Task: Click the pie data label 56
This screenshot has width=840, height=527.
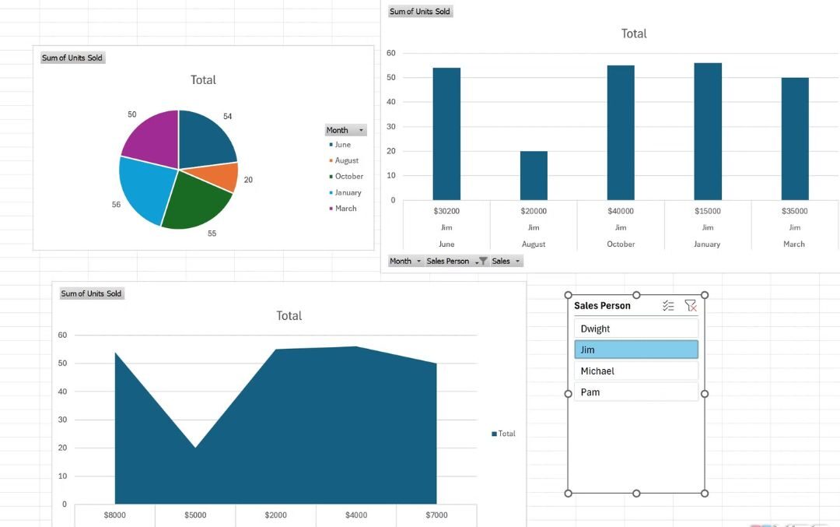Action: click(116, 205)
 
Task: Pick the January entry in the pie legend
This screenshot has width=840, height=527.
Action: click(348, 192)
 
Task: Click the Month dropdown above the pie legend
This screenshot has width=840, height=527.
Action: click(345, 130)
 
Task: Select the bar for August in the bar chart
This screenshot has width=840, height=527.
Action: click(534, 175)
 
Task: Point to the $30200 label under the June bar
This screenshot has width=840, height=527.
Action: click(446, 211)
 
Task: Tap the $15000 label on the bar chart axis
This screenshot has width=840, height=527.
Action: click(708, 211)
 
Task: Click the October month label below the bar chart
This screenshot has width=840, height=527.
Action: click(621, 244)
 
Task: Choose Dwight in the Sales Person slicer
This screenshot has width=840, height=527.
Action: click(635, 328)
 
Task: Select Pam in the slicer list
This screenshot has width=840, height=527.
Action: click(635, 392)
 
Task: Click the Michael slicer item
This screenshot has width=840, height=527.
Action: click(635, 371)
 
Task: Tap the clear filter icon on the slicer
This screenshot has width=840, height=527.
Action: click(691, 306)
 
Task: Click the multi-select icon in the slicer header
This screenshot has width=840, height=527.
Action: click(668, 306)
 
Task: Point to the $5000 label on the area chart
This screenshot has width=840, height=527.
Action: click(195, 515)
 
